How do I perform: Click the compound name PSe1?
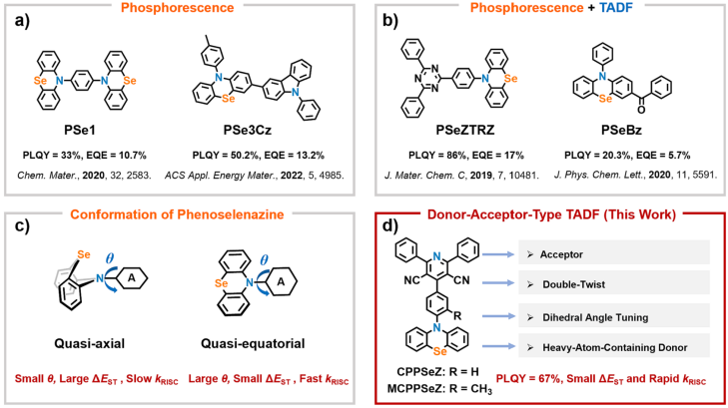pyautogui.click(x=80, y=131)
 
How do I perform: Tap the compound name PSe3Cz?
pyautogui.click(x=247, y=131)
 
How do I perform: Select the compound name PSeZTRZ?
pyautogui.click(x=465, y=131)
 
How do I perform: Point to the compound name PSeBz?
pyautogui.click(x=621, y=131)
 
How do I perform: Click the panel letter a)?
pyautogui.click(x=22, y=21)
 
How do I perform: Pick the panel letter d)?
pyautogui.click(x=390, y=225)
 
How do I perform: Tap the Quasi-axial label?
pyautogui.click(x=90, y=344)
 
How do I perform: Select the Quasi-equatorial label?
pyautogui.click(x=253, y=344)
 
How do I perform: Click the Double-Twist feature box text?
pyautogui.click(x=574, y=284)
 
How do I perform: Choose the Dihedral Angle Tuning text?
pyautogui.click(x=595, y=317)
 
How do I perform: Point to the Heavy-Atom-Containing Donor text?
pyautogui.click(x=615, y=348)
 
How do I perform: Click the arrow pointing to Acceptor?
pyautogui.click(x=498, y=254)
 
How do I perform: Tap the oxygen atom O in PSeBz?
pyautogui.click(x=641, y=110)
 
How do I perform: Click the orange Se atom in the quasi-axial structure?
pyautogui.click(x=84, y=254)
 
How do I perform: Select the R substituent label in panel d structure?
pyautogui.click(x=457, y=316)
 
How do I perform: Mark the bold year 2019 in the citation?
pyautogui.click(x=481, y=176)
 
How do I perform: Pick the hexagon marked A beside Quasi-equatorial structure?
pyautogui.click(x=281, y=281)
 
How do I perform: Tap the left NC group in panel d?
pyautogui.click(x=411, y=280)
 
